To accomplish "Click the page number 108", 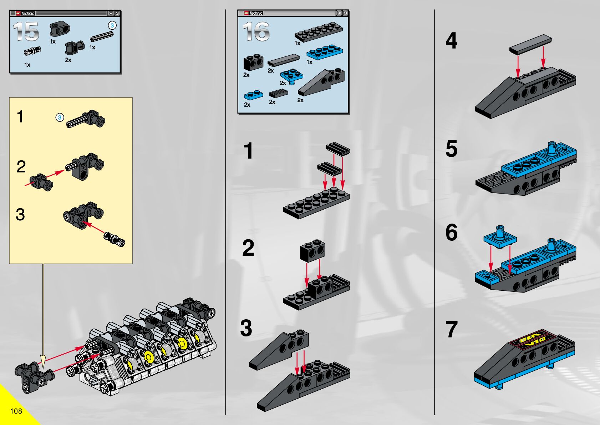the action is point(16,411).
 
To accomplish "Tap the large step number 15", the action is point(26,31).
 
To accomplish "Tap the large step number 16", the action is point(256,31).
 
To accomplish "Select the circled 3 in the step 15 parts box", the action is point(112,25).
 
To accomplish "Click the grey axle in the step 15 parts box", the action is point(102,36).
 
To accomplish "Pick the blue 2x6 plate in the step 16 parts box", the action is point(325,52).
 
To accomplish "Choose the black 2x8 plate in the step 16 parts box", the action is point(319,31).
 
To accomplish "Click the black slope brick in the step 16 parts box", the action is point(321,82).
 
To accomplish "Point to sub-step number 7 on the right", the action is point(451,329).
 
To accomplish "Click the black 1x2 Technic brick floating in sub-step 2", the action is point(312,250).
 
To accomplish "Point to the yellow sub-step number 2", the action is point(21,167).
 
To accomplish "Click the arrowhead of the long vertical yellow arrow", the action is point(43,361).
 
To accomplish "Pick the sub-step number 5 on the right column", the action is point(451,149).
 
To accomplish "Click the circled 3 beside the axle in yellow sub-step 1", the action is point(60,117).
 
